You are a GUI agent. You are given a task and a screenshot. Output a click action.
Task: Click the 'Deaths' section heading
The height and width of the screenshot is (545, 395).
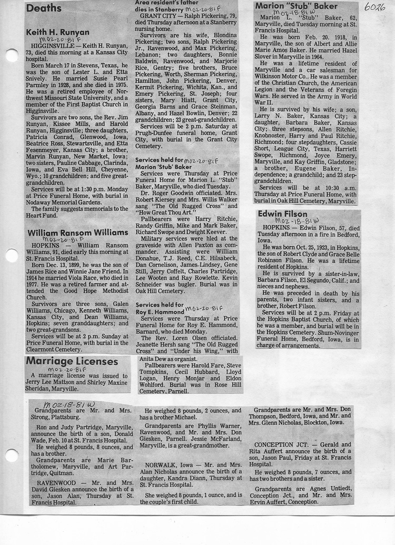click(44, 8)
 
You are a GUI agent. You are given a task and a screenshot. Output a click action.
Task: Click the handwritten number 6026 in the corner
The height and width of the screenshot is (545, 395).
click(374, 7)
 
